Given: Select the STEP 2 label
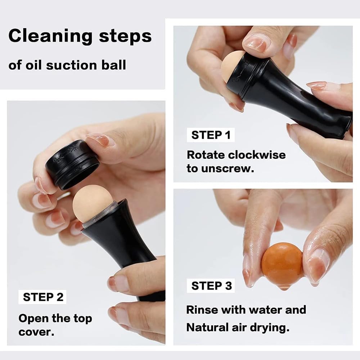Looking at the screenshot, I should coord(42,297).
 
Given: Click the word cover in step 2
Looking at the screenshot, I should coord(37,332).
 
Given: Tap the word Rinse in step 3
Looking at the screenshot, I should coord(202,310).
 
